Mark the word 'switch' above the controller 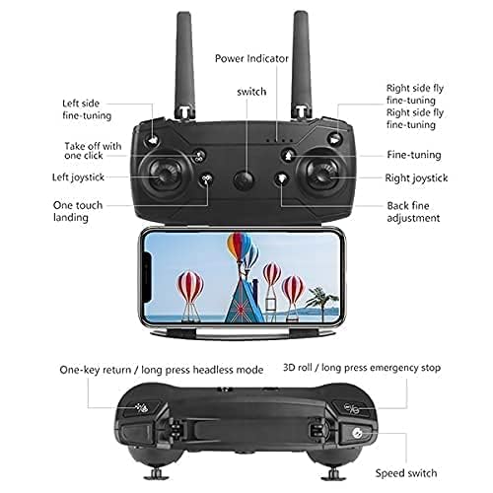[x=251, y=92]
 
